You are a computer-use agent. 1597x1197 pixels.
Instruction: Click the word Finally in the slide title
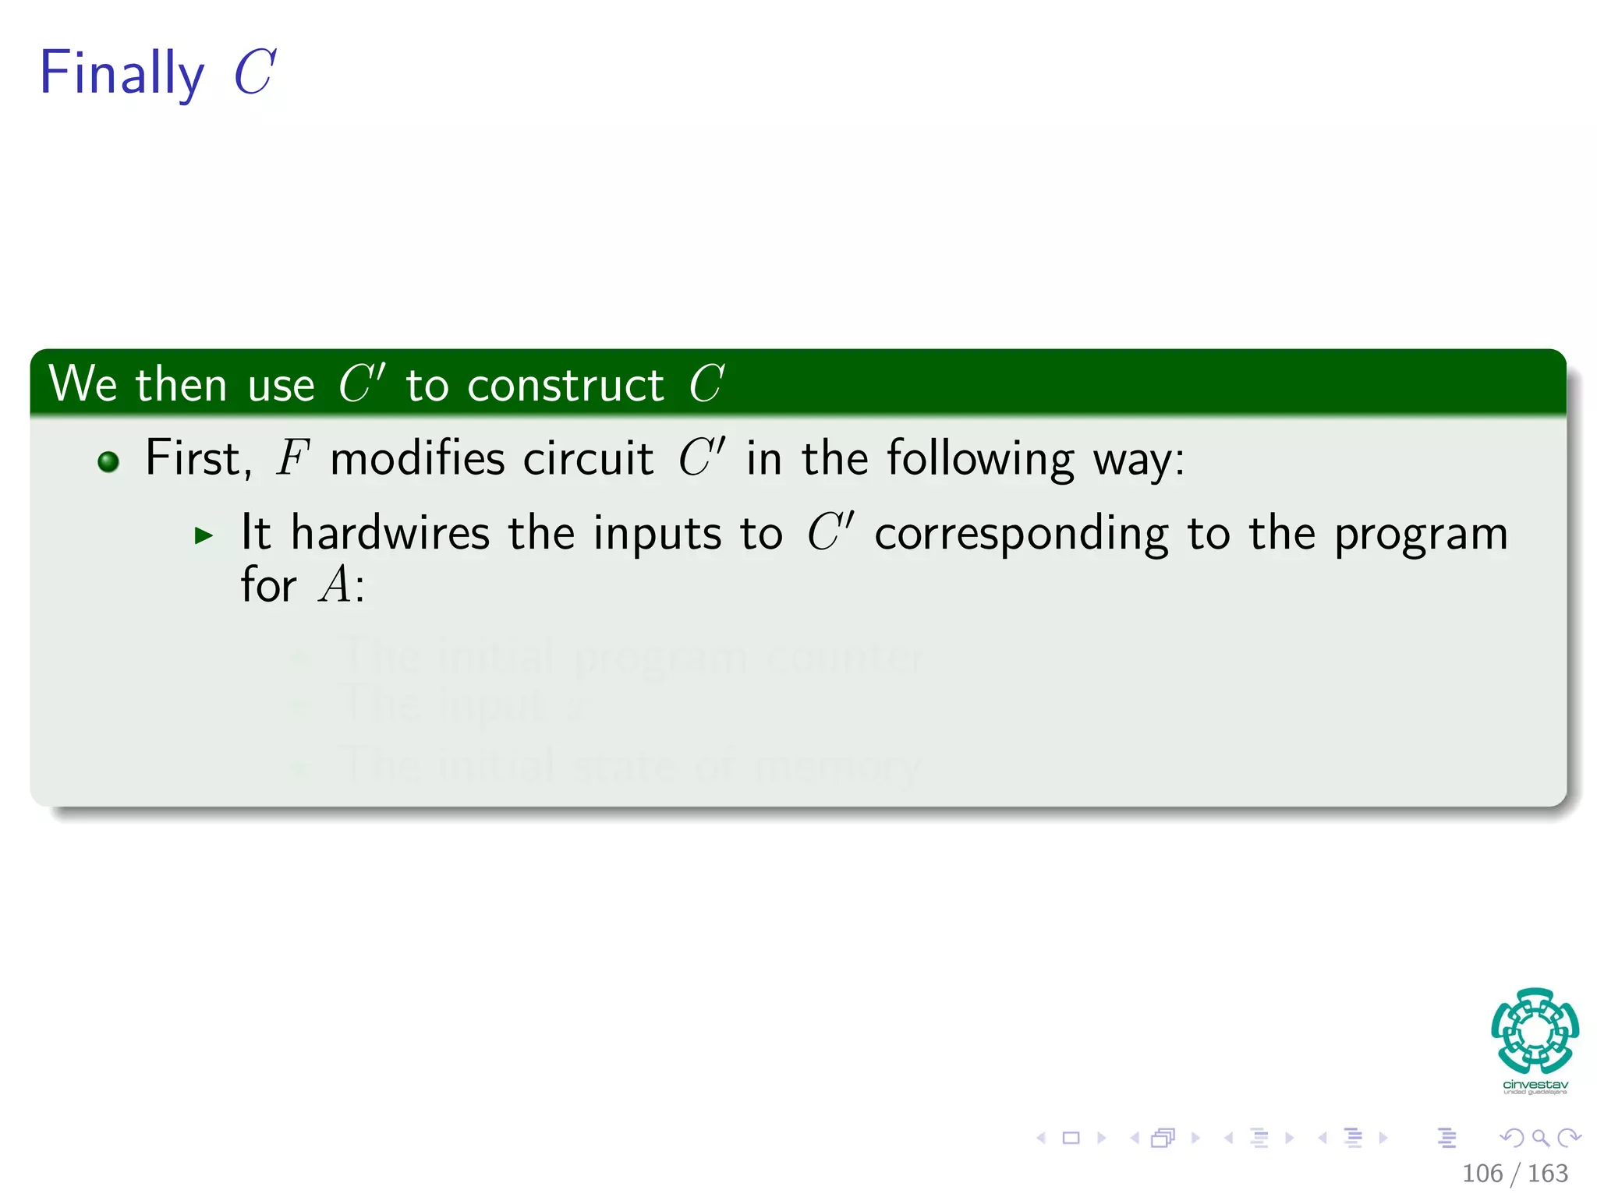point(122,73)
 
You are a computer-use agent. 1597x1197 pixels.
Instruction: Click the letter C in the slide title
point(254,72)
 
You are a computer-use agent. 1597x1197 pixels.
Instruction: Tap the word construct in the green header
point(565,385)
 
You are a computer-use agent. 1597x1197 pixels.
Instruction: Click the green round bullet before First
point(108,462)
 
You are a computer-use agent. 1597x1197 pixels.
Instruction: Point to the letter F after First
point(292,458)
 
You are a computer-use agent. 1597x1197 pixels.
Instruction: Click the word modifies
point(416,458)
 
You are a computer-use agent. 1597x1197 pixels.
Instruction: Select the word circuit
point(588,458)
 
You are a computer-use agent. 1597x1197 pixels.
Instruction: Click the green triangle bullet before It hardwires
point(204,535)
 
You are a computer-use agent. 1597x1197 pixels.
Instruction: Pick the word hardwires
point(390,533)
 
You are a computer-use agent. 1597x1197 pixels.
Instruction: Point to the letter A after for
point(335,584)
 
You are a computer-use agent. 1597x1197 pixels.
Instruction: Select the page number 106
point(1482,1174)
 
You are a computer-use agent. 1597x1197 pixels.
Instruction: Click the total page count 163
point(1548,1174)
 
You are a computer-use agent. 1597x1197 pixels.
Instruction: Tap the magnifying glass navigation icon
point(1540,1138)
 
